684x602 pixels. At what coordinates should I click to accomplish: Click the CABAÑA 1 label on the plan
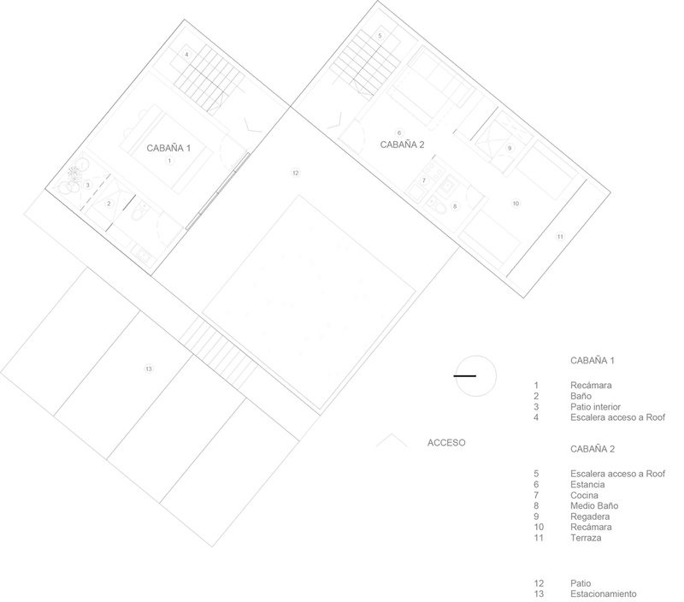point(168,148)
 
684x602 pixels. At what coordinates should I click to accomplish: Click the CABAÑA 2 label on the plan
point(402,145)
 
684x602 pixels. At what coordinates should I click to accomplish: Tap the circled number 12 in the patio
point(295,173)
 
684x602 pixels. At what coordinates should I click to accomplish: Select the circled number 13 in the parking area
point(149,369)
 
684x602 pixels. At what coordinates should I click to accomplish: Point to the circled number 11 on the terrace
point(560,236)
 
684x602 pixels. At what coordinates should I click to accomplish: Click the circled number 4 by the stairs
point(186,55)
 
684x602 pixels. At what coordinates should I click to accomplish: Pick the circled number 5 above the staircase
point(380,35)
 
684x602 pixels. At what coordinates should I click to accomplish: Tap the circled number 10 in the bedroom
point(516,204)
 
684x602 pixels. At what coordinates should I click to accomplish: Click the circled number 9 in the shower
point(509,148)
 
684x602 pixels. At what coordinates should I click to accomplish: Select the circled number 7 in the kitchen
point(423,180)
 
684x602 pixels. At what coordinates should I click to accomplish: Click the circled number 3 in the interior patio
point(88,185)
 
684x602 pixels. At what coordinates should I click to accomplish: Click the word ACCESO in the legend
point(446,443)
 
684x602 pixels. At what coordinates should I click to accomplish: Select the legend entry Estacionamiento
point(604,593)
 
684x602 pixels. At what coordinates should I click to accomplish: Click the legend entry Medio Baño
point(594,505)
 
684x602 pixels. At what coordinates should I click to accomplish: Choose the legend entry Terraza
point(586,538)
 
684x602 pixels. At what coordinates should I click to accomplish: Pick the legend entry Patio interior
point(595,406)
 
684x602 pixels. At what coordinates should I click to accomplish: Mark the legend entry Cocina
point(584,495)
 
